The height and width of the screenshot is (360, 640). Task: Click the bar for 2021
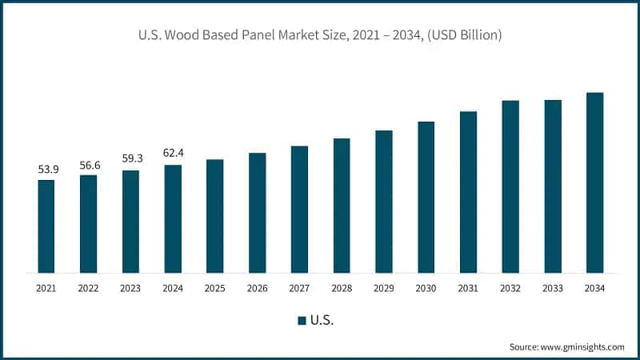tap(46, 226)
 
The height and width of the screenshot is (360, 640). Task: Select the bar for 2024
tap(173, 218)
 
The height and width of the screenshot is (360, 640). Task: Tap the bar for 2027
tap(299, 209)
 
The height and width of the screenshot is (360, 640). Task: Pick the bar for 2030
tap(426, 197)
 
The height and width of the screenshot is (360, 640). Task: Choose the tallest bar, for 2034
tap(594, 182)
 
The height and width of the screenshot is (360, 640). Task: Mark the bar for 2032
tap(510, 186)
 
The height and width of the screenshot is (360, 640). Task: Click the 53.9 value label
tap(46, 170)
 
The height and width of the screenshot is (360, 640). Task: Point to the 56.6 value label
tap(89, 165)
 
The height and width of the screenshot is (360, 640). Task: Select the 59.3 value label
tap(130, 159)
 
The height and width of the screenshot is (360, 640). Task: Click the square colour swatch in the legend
tap(302, 320)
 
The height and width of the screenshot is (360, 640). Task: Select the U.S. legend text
tap(322, 320)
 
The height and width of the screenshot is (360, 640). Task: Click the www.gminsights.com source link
tap(582, 346)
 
